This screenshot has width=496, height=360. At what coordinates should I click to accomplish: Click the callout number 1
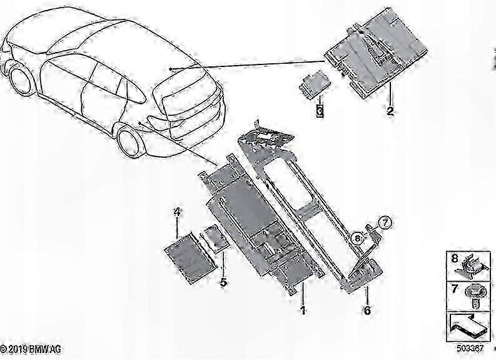tap(303, 310)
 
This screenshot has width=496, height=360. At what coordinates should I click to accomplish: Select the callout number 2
tap(390, 111)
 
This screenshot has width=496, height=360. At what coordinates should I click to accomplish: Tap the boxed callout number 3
tap(320, 111)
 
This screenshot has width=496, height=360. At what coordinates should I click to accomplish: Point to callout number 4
tap(177, 213)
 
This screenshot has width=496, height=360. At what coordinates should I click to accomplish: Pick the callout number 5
tap(223, 282)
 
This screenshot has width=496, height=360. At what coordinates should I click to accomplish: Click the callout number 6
tap(367, 310)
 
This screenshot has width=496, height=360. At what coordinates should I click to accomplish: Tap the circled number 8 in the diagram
tap(357, 237)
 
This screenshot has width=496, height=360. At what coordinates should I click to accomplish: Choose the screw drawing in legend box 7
tap(473, 294)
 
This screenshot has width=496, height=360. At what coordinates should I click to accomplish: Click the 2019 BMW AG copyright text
tap(31, 348)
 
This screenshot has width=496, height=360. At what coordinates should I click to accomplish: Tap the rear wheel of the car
tap(131, 143)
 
